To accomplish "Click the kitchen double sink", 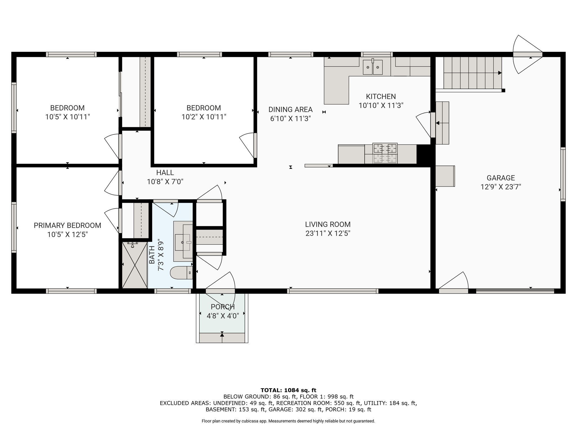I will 372,67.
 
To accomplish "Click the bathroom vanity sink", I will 183,242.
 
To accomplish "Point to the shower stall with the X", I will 135,265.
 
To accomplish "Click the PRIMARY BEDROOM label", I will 67,226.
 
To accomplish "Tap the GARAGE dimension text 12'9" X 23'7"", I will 501,187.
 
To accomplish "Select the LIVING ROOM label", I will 328,224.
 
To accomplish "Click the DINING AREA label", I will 290,109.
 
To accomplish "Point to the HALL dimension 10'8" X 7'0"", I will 165,182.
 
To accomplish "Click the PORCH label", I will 223,307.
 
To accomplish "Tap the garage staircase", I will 472,73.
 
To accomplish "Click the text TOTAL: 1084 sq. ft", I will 288,390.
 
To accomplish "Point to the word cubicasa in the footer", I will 250,421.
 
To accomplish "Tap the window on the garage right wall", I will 563,174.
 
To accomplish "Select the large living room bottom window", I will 332,291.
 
